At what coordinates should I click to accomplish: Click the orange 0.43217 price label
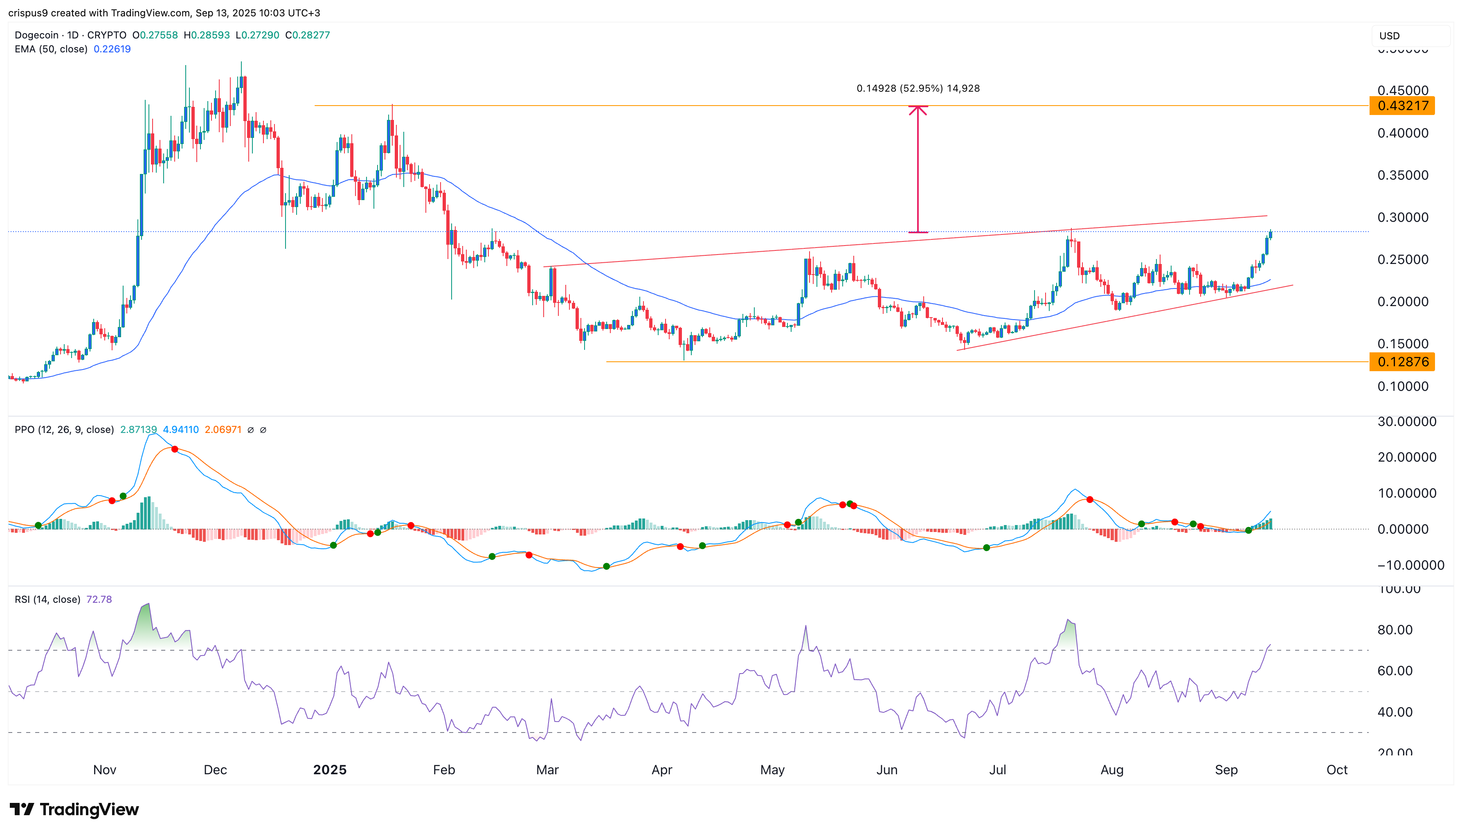coord(1401,106)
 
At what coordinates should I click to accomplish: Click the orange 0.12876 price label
coord(1401,362)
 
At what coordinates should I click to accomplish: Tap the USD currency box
coord(1410,36)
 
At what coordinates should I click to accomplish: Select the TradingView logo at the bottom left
coord(74,809)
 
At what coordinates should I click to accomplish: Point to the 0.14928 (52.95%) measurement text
coord(918,88)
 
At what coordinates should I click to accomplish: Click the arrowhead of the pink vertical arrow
coord(918,109)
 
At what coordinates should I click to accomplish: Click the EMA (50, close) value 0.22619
coord(112,49)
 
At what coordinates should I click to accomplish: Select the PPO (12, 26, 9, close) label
coord(64,430)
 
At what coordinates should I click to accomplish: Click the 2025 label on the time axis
coord(330,770)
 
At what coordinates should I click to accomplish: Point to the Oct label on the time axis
coord(1337,770)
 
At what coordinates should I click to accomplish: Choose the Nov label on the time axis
coord(105,770)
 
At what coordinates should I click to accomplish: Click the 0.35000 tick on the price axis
coord(1402,175)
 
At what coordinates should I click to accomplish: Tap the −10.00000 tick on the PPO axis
coord(1410,566)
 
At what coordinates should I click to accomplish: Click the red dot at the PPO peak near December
coord(175,449)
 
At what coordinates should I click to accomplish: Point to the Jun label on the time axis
coord(887,770)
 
